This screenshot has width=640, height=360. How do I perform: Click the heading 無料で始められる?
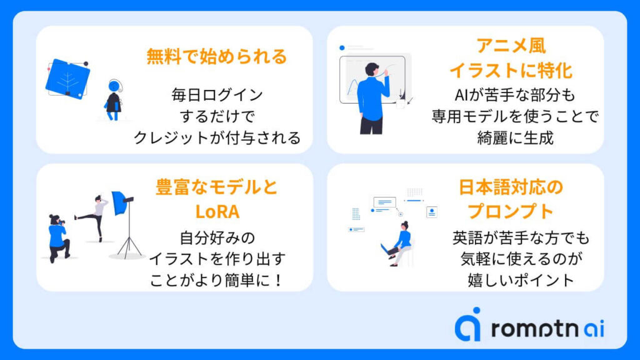(217, 56)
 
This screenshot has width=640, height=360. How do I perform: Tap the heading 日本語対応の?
(511, 187)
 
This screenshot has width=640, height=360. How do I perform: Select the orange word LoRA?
(217, 211)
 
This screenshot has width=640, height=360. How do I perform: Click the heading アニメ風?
(511, 45)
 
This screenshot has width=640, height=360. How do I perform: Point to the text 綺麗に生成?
(515, 138)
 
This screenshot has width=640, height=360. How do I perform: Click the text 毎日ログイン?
(217, 95)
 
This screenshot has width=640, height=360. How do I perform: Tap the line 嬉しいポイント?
(521, 280)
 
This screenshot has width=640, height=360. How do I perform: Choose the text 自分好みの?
(217, 237)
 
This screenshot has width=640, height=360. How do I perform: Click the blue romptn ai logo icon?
(467, 324)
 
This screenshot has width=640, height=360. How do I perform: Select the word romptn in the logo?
(536, 329)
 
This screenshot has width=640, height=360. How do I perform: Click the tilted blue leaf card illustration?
(67, 79)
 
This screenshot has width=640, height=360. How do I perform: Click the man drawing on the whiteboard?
(372, 98)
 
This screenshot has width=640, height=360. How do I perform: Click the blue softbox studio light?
(121, 202)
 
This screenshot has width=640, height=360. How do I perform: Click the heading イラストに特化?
(511, 70)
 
